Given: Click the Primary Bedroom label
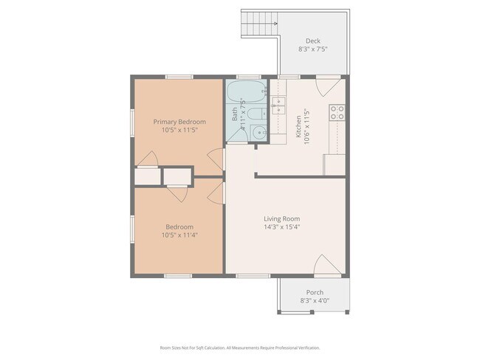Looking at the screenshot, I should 179,122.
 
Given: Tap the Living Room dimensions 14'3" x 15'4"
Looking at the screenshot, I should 281,227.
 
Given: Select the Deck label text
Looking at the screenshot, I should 312,41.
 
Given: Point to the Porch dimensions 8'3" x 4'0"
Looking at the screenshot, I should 315,301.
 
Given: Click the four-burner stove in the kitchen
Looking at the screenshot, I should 337,112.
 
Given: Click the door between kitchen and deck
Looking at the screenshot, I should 323,86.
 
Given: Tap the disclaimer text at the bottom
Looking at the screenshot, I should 240,347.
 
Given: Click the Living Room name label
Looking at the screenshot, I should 281,218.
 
